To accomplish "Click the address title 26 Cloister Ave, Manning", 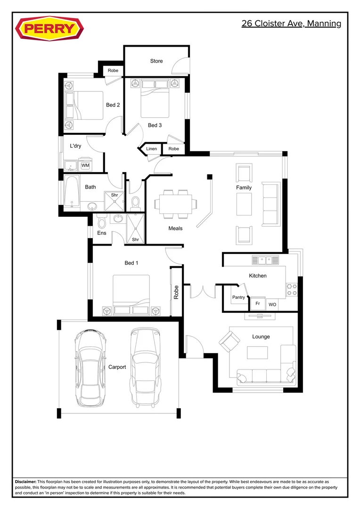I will (291, 24).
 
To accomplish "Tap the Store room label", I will (156, 61).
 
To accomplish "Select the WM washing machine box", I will (85, 165).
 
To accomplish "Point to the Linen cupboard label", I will (151, 149).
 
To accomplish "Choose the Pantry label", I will (238, 297).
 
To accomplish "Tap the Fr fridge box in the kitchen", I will (258, 304).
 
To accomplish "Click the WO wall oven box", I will (272, 304).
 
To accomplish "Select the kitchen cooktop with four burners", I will (292, 289).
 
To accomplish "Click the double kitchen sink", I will (265, 260).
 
